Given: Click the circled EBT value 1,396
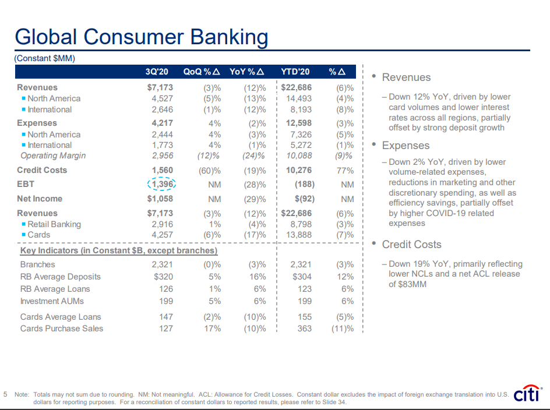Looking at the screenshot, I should click(161, 184).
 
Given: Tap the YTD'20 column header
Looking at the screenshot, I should click(295, 72).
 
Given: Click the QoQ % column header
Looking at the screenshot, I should click(201, 72).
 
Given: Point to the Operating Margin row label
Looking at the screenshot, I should click(53, 155).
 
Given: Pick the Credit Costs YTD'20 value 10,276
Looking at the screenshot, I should click(298, 170).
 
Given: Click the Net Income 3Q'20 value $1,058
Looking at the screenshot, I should click(160, 199).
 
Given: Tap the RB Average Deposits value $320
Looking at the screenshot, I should click(163, 277).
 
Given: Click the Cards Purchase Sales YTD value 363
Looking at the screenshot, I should click(304, 328).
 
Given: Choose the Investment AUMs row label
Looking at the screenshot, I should click(52, 301).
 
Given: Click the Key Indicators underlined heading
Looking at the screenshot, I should click(119, 250).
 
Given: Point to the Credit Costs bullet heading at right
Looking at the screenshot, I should click(411, 245).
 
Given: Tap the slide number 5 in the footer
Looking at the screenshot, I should click(5, 394).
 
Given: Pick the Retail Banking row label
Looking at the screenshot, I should click(54, 224).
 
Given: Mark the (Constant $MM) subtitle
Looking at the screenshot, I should click(45, 58).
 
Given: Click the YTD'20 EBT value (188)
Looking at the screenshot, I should click(303, 185).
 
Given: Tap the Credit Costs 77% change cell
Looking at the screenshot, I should click(345, 170).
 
